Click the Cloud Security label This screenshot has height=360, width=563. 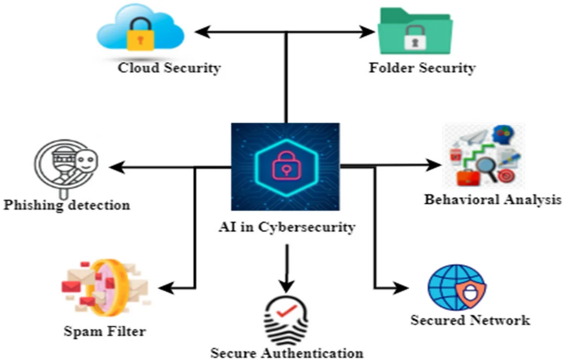click(169, 67)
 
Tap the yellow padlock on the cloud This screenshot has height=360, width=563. click(140, 37)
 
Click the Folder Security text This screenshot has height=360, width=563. click(422, 67)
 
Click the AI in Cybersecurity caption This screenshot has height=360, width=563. click(286, 227)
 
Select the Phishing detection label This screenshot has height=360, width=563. click(67, 205)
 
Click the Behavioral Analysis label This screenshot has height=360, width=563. click(492, 199)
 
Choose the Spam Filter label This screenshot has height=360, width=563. click(104, 332)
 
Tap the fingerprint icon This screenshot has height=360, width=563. click(287, 320)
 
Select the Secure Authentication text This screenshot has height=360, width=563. click(287, 352)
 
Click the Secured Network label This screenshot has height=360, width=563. click(470, 320)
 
